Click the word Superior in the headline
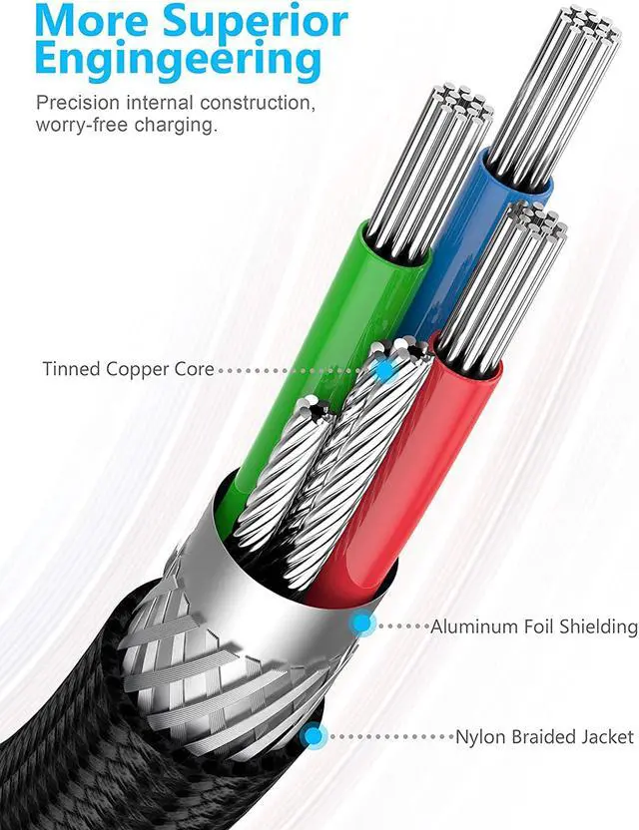(256, 21)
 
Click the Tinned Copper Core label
(128, 369)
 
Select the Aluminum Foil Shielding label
(534, 626)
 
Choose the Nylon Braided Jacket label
(545, 737)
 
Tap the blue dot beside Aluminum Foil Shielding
(362, 623)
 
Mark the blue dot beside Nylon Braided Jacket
(314, 736)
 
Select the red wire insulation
(408, 477)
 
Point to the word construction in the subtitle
(258, 102)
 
